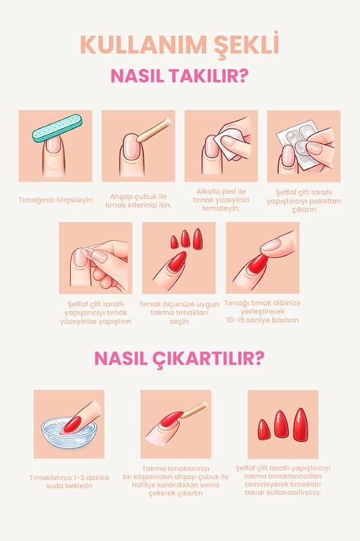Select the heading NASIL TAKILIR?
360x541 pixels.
(180, 76)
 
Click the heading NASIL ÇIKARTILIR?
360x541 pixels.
(180, 358)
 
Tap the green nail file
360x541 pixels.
(57, 128)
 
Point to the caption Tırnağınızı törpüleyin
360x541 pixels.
(55, 200)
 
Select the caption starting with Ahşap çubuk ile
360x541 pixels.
(138, 201)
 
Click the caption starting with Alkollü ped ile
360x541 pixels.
(221, 200)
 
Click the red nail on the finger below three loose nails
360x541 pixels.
(176, 263)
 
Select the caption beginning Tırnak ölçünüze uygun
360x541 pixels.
(179, 313)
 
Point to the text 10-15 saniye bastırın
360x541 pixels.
(262, 320)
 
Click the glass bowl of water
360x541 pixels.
(68, 433)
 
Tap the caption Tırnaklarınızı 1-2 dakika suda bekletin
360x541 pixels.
(69, 482)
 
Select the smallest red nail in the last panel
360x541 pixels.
(264, 430)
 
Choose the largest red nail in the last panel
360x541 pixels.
(300, 425)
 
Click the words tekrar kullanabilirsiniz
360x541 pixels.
(282, 492)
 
